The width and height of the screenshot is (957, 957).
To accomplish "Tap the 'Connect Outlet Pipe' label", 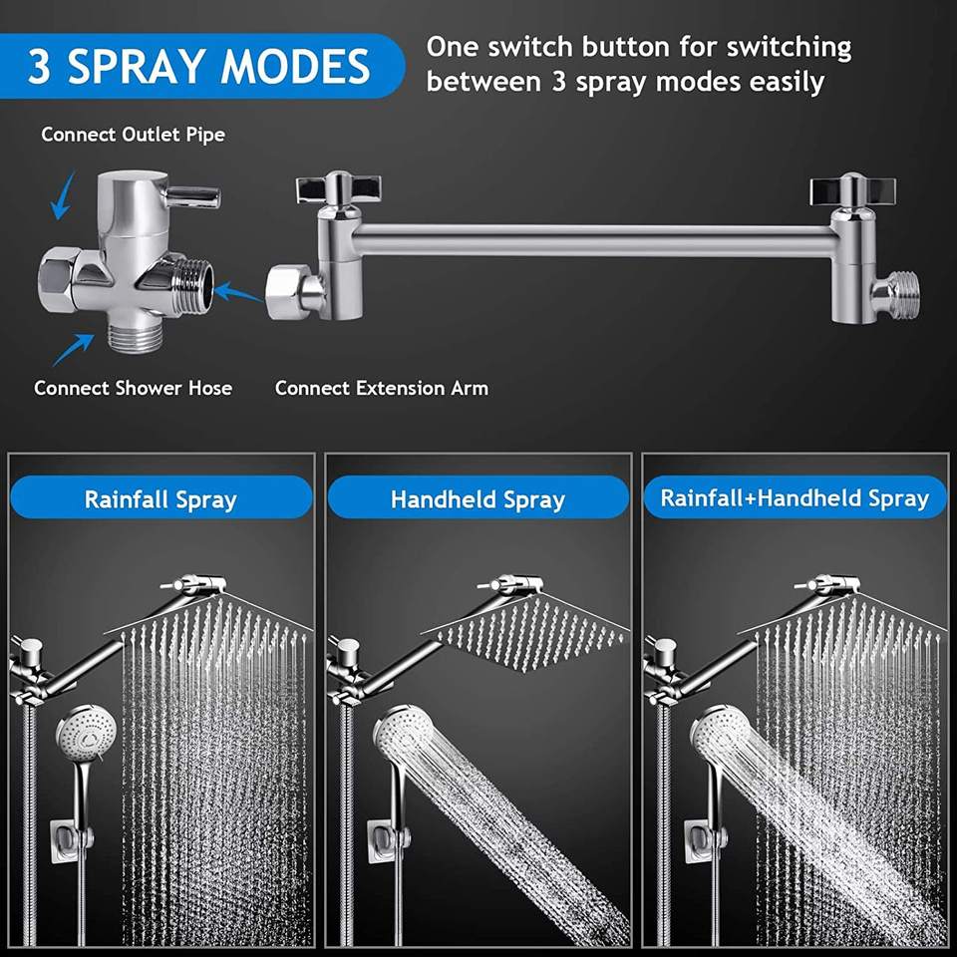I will click(133, 135).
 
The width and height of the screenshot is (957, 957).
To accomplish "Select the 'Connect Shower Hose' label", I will click(133, 388).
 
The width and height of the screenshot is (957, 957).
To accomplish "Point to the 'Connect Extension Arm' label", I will click(382, 388).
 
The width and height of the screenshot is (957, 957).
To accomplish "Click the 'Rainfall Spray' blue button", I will click(160, 498).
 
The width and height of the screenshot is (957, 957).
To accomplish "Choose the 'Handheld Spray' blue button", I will click(478, 498).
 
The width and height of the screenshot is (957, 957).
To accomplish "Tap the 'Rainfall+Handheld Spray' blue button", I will click(795, 497).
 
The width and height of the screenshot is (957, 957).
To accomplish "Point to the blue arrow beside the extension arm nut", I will click(238, 292).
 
